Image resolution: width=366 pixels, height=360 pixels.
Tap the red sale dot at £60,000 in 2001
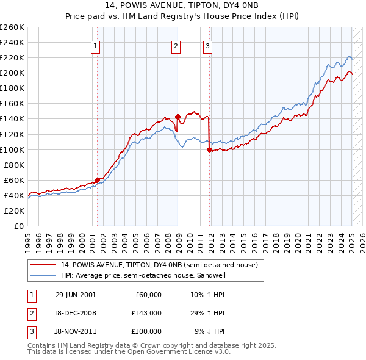pos(97,180)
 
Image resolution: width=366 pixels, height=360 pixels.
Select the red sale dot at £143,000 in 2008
pos(178,116)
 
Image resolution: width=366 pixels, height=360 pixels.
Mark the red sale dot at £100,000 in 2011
pos(209,149)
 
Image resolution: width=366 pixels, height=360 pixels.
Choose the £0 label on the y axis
pos(18,226)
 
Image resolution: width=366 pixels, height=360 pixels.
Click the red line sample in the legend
pos(43,265)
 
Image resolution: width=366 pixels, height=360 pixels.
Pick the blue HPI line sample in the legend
pos(43,276)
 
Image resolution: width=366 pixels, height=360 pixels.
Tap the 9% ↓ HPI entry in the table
pos(210,331)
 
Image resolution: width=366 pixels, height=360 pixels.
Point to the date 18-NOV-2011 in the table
pos(76,331)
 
